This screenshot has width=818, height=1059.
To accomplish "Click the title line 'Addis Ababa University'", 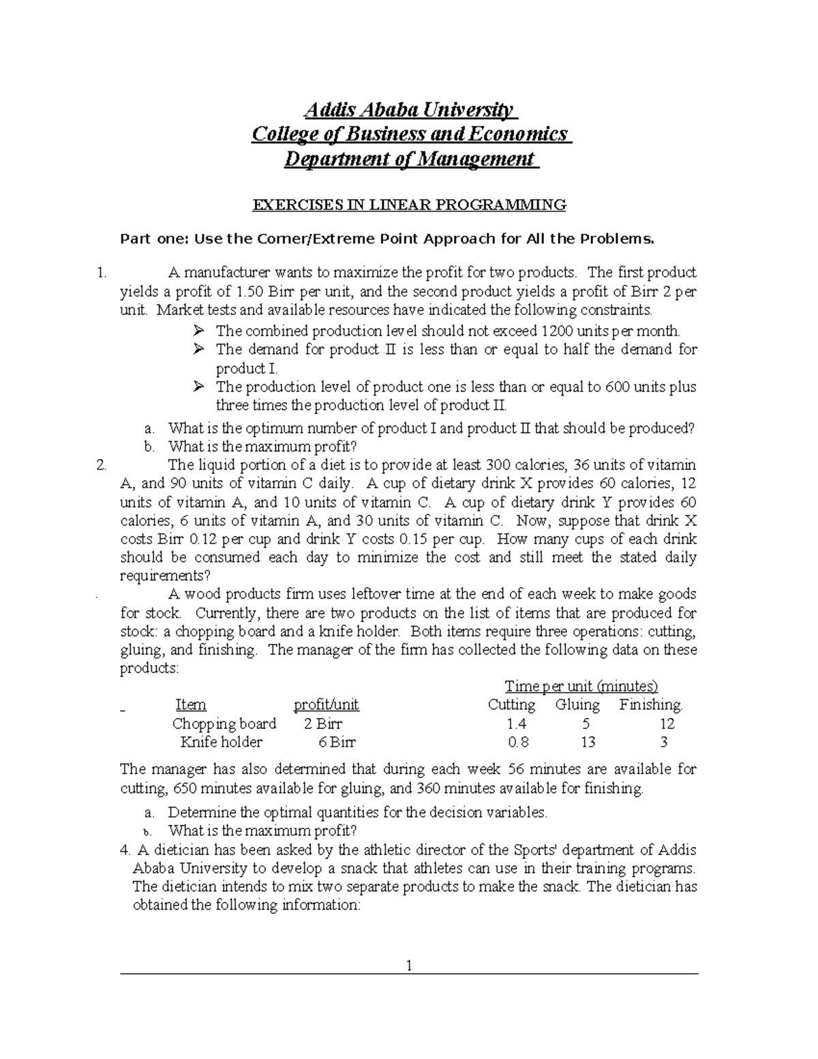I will [410, 109].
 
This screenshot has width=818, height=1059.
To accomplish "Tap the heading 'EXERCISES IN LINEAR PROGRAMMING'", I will [410, 205].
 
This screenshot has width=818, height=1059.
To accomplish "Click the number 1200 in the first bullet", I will [558, 331].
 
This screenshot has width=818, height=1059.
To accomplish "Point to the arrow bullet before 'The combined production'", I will [198, 331].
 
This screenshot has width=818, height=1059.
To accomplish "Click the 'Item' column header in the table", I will [191, 704].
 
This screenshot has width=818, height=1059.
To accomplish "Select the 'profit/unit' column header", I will [326, 704].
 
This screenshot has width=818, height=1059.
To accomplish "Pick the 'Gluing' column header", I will [577, 704].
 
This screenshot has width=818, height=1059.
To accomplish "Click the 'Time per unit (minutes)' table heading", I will [581, 686].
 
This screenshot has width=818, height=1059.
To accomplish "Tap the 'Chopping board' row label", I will [224, 724].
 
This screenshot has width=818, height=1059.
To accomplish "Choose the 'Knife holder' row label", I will [222, 742].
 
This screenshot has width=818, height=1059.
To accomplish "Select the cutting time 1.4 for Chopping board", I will [517, 724].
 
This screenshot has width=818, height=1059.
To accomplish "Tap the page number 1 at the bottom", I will [409, 966].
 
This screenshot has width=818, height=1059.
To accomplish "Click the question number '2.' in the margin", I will [102, 466].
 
